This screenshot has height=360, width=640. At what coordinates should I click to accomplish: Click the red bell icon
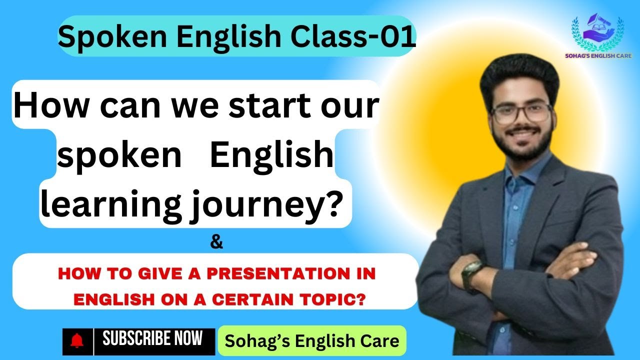77,341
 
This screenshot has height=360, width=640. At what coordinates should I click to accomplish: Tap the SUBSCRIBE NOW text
152,339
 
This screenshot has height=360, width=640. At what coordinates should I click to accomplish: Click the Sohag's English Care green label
312,341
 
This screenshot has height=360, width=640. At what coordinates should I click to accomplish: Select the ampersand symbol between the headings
216,243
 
